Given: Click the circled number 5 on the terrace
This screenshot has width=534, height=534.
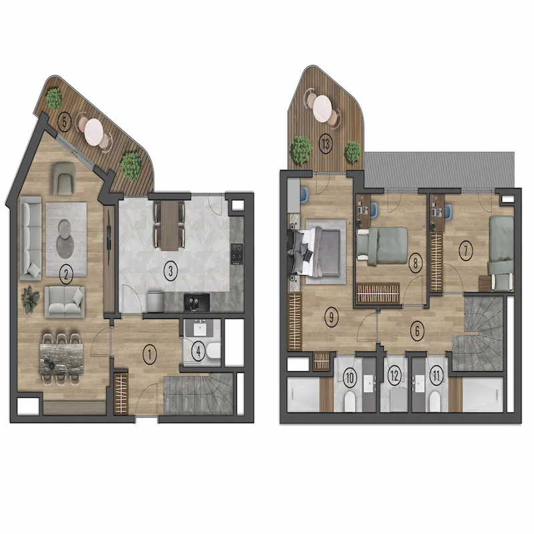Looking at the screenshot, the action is [65, 122].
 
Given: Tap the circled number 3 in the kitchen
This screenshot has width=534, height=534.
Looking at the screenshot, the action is [171, 271].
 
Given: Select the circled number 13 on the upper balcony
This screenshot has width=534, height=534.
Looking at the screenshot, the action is [326, 144].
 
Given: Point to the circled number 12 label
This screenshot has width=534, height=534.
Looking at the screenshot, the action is [394, 376].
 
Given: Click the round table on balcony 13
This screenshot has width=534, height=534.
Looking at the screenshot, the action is [322, 108].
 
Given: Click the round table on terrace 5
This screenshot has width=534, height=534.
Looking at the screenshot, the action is [94, 131].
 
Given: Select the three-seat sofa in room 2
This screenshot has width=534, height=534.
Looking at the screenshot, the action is [31, 238].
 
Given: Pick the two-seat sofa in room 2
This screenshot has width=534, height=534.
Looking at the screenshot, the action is [65, 302].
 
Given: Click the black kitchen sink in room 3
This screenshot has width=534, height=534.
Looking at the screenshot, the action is [196, 302].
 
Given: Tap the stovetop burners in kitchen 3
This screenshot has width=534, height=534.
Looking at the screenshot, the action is [237, 254].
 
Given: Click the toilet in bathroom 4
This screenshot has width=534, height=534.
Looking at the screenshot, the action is [214, 351].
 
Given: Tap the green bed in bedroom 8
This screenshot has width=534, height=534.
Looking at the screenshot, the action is [382, 246].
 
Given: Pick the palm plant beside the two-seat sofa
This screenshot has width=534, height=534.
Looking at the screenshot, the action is [30, 299].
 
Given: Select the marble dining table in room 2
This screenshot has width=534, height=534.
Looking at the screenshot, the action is [61, 359].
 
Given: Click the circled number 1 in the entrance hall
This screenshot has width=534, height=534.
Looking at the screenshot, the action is [149, 354].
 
